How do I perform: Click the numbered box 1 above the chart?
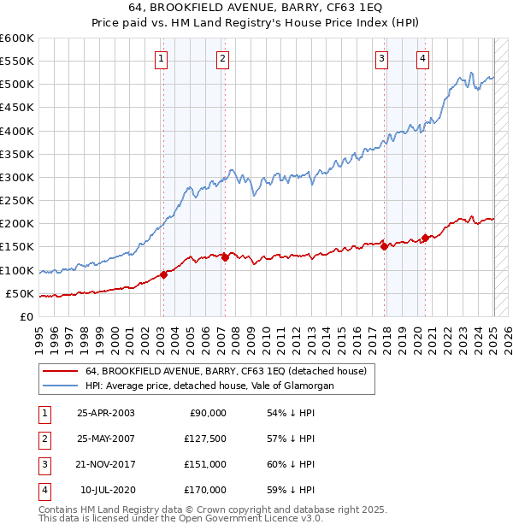click(x=162, y=59)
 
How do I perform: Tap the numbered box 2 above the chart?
click(x=222, y=59)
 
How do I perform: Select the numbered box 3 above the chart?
click(x=381, y=59)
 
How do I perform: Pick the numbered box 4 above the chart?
click(x=423, y=59)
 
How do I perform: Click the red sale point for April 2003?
click(x=163, y=274)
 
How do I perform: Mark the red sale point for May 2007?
click(x=225, y=256)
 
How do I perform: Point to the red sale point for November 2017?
click(x=384, y=246)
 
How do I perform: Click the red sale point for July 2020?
click(x=425, y=238)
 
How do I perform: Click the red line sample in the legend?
click(x=61, y=371)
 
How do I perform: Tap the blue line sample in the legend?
click(x=61, y=386)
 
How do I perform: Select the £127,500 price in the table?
click(x=205, y=439)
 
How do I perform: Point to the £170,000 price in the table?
click(x=205, y=490)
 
